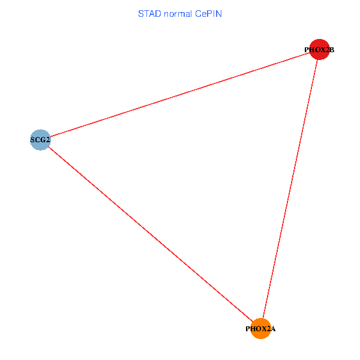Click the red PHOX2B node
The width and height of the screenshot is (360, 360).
(320, 49)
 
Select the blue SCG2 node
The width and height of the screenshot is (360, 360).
(40, 140)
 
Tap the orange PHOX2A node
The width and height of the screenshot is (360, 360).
(261, 328)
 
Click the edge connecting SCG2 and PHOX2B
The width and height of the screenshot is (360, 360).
(180, 95)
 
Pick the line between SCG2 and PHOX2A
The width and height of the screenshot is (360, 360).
(150, 234)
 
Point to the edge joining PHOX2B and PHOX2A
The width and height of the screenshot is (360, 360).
(290, 189)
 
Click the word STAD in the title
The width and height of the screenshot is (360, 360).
(149, 13)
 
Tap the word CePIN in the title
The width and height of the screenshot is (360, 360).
(208, 13)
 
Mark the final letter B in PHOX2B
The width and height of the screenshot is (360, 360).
(332, 50)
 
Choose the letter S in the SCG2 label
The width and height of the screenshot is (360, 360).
(32, 140)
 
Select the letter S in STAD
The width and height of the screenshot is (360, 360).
(141, 13)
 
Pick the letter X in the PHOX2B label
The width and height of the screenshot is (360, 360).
(322, 50)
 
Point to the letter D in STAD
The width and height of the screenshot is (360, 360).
(158, 13)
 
